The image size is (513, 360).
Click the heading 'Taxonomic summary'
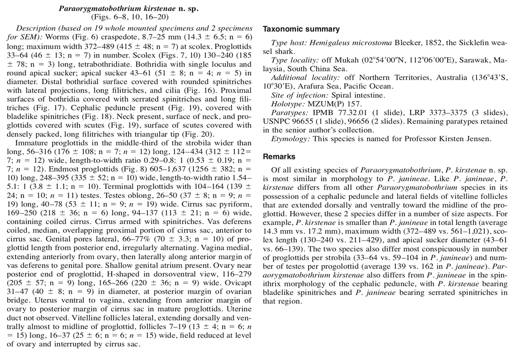pyautogui.click(x=301, y=29)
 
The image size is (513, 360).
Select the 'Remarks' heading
pyautogui.click(x=279, y=157)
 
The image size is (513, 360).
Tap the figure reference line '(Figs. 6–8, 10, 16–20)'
pyautogui.click(x=129, y=17)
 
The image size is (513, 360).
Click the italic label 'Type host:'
pyautogui.click(x=288, y=43)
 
